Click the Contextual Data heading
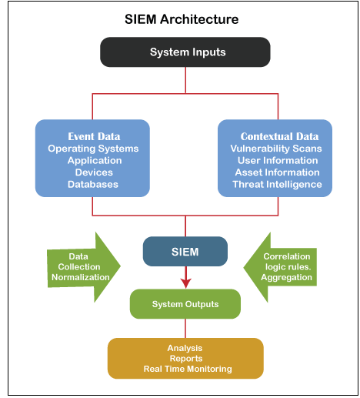(x=275, y=136)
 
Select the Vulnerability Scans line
(x=275, y=149)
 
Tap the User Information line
(x=275, y=160)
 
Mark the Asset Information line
(x=275, y=172)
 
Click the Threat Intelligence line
(x=275, y=184)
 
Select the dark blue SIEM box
(x=185, y=252)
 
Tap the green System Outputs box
(x=185, y=304)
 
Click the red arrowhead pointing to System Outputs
(x=185, y=282)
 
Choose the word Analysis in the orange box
(x=185, y=349)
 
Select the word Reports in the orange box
(x=185, y=359)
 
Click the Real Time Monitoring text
(x=185, y=369)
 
